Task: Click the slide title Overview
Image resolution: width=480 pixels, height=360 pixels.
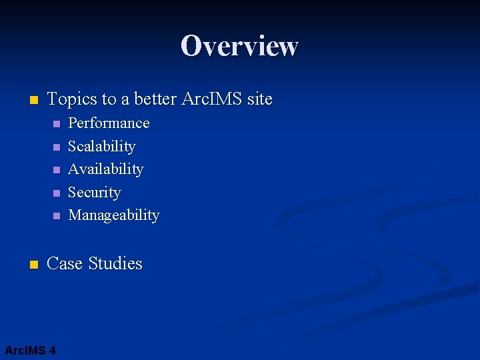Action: point(239,46)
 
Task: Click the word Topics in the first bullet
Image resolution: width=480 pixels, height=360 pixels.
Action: point(72,99)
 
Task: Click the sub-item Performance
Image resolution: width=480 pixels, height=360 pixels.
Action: point(109,123)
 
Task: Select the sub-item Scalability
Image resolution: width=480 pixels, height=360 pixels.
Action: point(102,147)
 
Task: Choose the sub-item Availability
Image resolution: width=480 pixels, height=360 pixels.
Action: point(105,169)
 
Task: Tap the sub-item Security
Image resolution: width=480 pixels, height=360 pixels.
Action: point(95,193)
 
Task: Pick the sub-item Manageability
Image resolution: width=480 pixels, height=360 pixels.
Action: point(114,215)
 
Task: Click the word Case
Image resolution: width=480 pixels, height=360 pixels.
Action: point(64,264)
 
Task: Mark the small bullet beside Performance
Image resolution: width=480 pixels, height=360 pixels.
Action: point(56,124)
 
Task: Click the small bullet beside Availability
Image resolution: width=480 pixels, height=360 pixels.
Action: point(56,170)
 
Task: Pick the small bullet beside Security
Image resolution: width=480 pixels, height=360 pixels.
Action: point(56,193)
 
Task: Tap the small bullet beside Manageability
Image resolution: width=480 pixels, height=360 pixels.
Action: point(56,216)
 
